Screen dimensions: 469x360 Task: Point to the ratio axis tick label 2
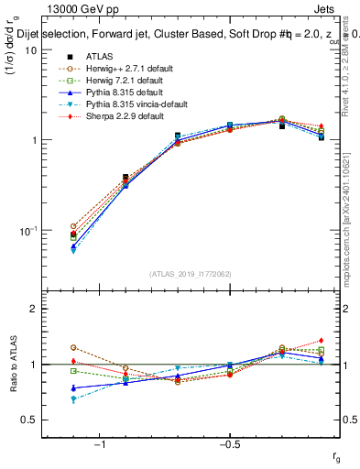pyautogui.click(x=33, y=309)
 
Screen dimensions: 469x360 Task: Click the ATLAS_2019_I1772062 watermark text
pyautogui.click(x=191, y=274)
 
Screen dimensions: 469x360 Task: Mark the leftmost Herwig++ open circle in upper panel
pyautogui.click(x=72, y=225)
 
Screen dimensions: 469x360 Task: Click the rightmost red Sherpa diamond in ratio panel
pyautogui.click(x=322, y=341)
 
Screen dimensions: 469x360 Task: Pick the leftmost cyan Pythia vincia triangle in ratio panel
pyautogui.click(x=72, y=399)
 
